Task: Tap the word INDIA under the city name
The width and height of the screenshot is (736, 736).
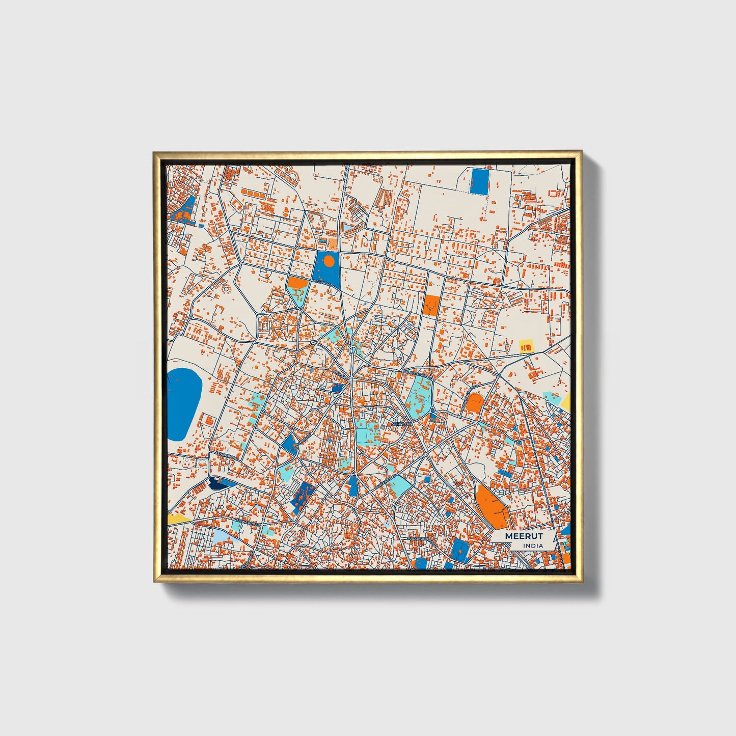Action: coord(532,546)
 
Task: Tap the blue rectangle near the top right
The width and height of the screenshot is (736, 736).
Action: coord(479,181)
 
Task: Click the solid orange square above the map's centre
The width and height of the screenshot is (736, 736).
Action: coord(431,305)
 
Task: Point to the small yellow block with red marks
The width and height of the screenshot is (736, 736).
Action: coord(526,346)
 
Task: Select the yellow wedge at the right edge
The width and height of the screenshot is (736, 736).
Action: coord(566,402)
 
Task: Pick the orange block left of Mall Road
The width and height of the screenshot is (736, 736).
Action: coord(297,283)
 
